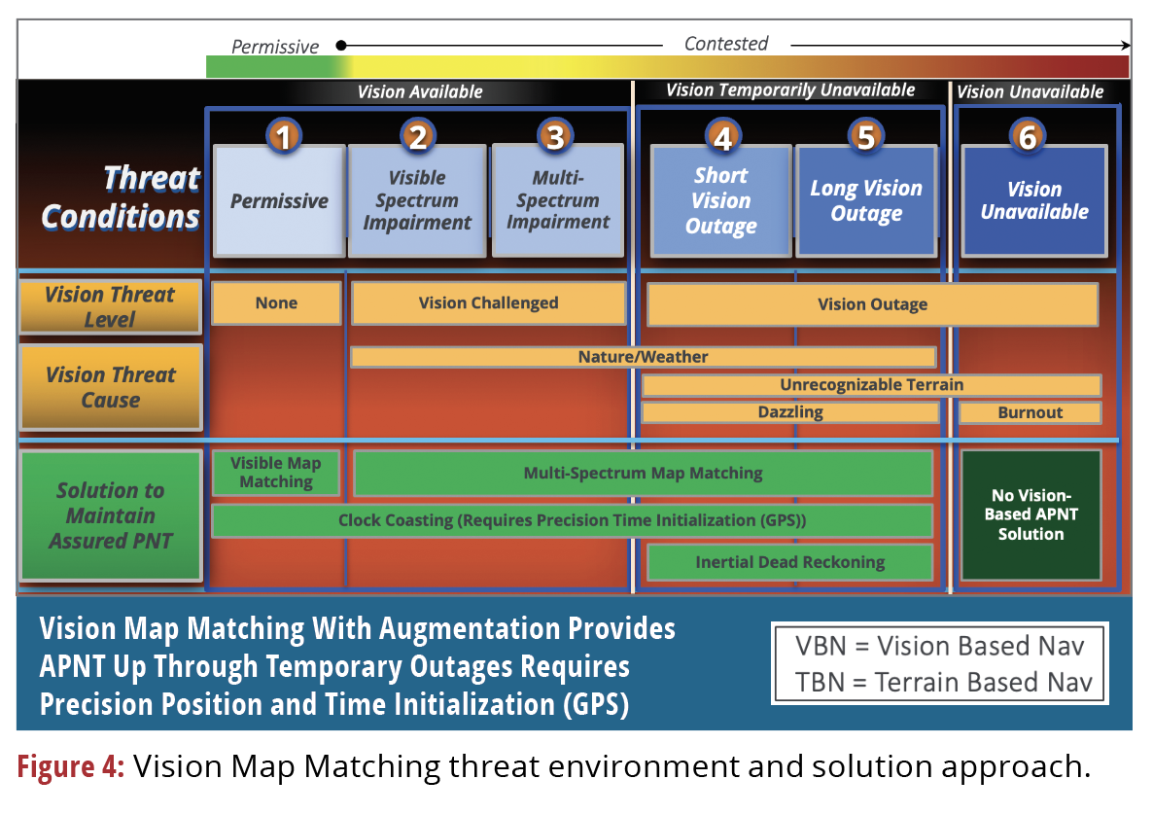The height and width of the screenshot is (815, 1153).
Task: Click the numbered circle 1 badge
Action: point(283,137)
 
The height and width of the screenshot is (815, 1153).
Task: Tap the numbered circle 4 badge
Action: point(722,138)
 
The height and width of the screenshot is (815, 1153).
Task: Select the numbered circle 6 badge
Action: point(1028,137)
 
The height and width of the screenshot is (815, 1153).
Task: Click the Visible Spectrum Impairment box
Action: point(417,200)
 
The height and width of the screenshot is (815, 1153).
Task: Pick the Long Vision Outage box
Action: point(866,200)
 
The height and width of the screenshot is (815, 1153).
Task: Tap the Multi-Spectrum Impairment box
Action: point(557,200)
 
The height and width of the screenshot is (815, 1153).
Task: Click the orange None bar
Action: point(276,302)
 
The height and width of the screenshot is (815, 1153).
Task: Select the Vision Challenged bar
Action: point(488,302)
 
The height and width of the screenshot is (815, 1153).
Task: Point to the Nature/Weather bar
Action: point(643,357)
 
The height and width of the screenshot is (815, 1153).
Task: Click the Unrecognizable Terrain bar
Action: point(871,385)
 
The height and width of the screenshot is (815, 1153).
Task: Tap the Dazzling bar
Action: point(789,412)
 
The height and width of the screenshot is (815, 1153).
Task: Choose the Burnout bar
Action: point(1030,412)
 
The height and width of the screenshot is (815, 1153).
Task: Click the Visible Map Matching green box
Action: point(276,473)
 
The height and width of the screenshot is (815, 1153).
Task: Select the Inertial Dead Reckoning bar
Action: point(789,562)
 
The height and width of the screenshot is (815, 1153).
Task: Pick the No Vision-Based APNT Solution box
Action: point(1031,514)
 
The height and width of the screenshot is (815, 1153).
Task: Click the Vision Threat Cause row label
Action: point(111,387)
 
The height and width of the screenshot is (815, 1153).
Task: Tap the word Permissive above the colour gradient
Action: point(274,46)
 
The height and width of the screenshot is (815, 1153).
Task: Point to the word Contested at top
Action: point(725,44)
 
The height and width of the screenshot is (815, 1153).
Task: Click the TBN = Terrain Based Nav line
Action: point(938,682)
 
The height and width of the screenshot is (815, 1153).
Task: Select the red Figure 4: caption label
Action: point(71,767)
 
